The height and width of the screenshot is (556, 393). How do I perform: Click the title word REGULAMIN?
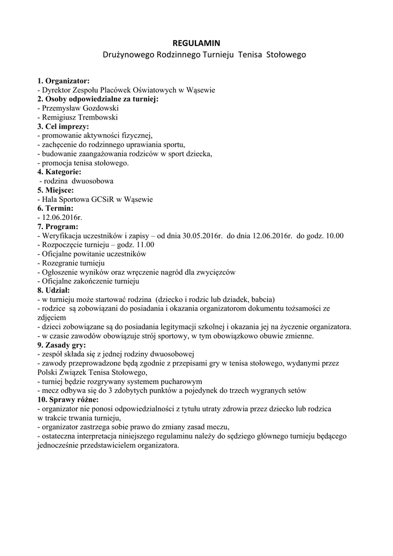[196, 43]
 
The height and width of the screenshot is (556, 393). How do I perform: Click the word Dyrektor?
[56, 90]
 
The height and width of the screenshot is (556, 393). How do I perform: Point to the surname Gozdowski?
[100, 108]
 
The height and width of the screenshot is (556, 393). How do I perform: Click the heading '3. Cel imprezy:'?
[63, 126]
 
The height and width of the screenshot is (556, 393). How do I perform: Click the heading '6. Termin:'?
[55, 208]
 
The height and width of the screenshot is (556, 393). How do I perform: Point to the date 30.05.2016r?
[203, 236]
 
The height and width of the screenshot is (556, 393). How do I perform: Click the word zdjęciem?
[52, 318]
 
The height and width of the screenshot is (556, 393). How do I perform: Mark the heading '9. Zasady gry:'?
[63, 345]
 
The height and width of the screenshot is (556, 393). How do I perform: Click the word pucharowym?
[182, 382]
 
